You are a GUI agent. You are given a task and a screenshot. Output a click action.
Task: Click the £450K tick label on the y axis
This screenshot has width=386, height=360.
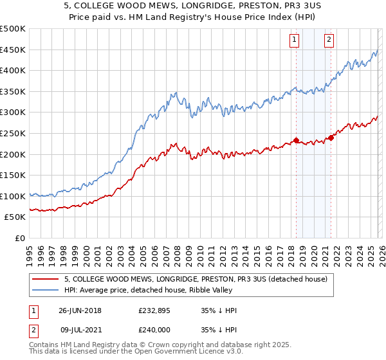tap(12, 50)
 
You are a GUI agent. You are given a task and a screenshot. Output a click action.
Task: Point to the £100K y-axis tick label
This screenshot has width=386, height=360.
tap(12, 196)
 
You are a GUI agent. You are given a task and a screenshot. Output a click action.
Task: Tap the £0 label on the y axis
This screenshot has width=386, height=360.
tap(20, 238)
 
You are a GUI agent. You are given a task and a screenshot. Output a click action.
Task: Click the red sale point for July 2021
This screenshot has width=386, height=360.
tap(331, 137)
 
